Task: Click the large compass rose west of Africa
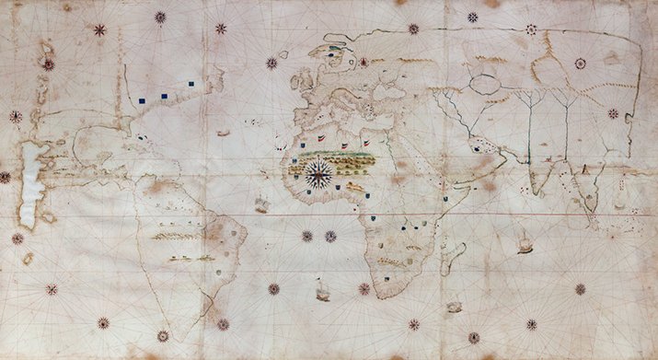[318, 173]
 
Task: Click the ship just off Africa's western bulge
[262, 203]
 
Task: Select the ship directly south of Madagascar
[453, 306]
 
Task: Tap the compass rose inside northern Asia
[580, 64]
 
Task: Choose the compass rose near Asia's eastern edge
[613, 113]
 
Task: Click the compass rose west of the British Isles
[271, 63]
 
